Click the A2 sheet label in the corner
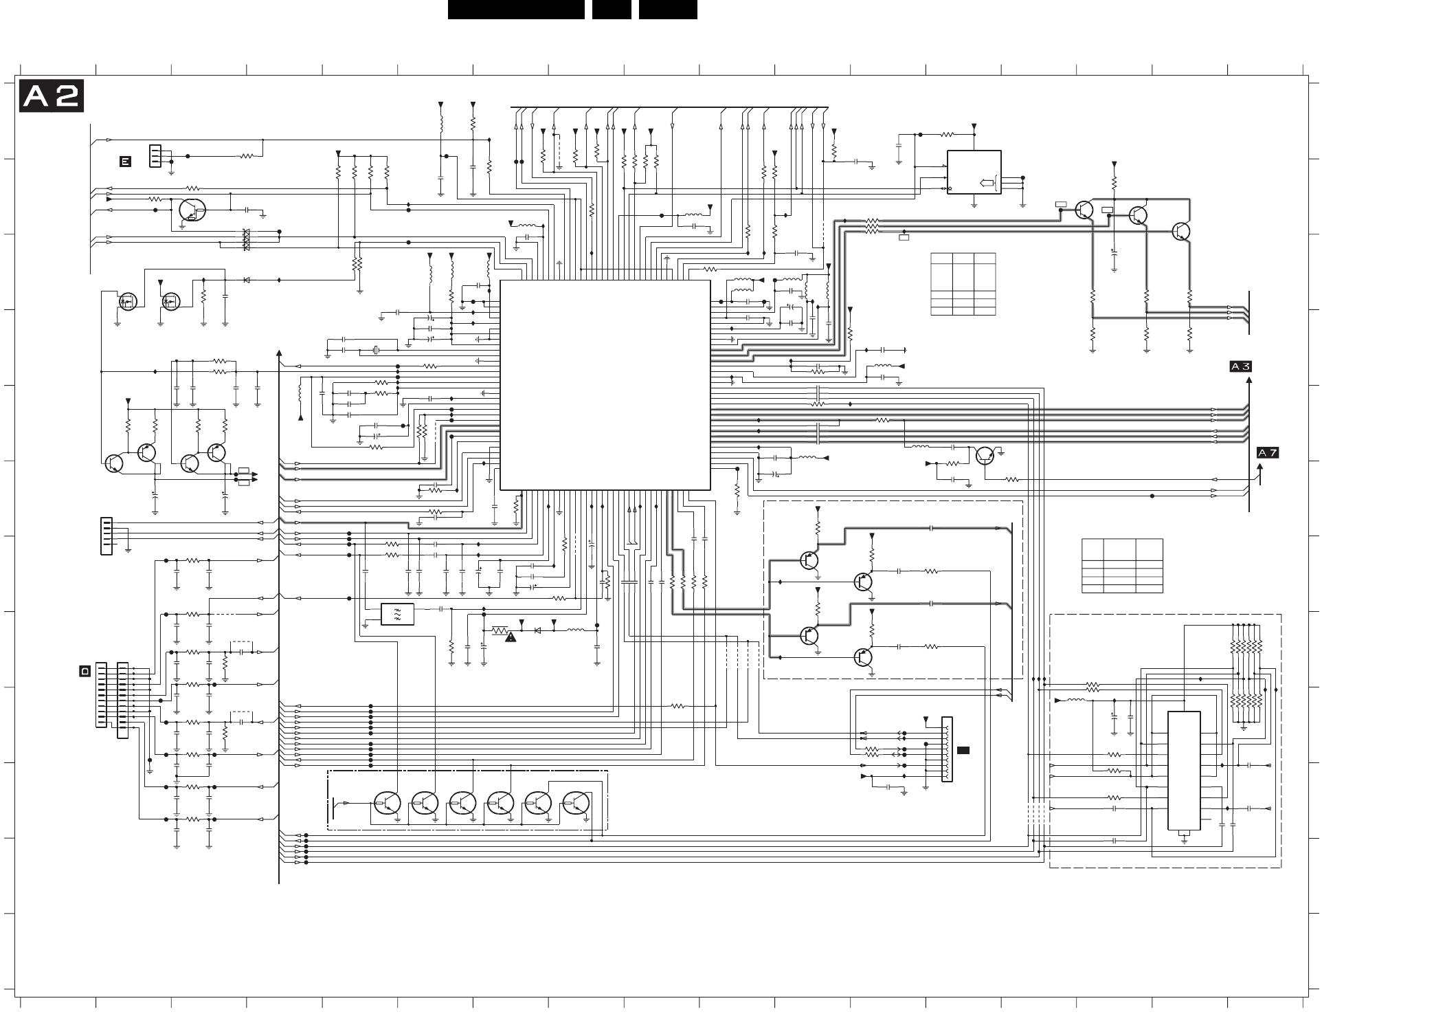point(52,96)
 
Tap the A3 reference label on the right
point(1240,367)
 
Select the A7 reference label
point(1268,452)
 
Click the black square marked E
point(125,162)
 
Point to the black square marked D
point(85,670)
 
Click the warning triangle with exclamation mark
point(510,638)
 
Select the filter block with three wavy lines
point(397,614)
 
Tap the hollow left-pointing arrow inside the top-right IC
point(986,182)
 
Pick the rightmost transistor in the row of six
point(576,802)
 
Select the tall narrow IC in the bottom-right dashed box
point(1184,771)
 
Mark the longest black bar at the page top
point(516,10)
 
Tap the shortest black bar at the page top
point(612,10)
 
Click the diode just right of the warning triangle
point(538,630)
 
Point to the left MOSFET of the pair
point(128,300)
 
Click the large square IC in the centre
point(605,385)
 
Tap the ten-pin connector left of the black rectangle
point(947,749)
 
